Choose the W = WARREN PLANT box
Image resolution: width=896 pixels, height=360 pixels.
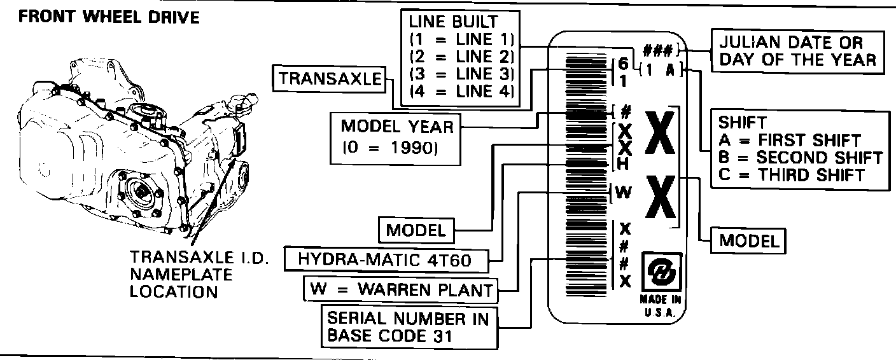point(401,289)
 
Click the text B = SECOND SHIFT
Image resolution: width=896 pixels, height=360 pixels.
point(801,157)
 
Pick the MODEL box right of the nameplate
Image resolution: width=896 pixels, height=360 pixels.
point(749,241)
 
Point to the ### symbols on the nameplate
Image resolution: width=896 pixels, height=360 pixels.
point(660,50)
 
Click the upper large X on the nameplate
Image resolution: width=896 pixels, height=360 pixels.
point(659,134)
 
